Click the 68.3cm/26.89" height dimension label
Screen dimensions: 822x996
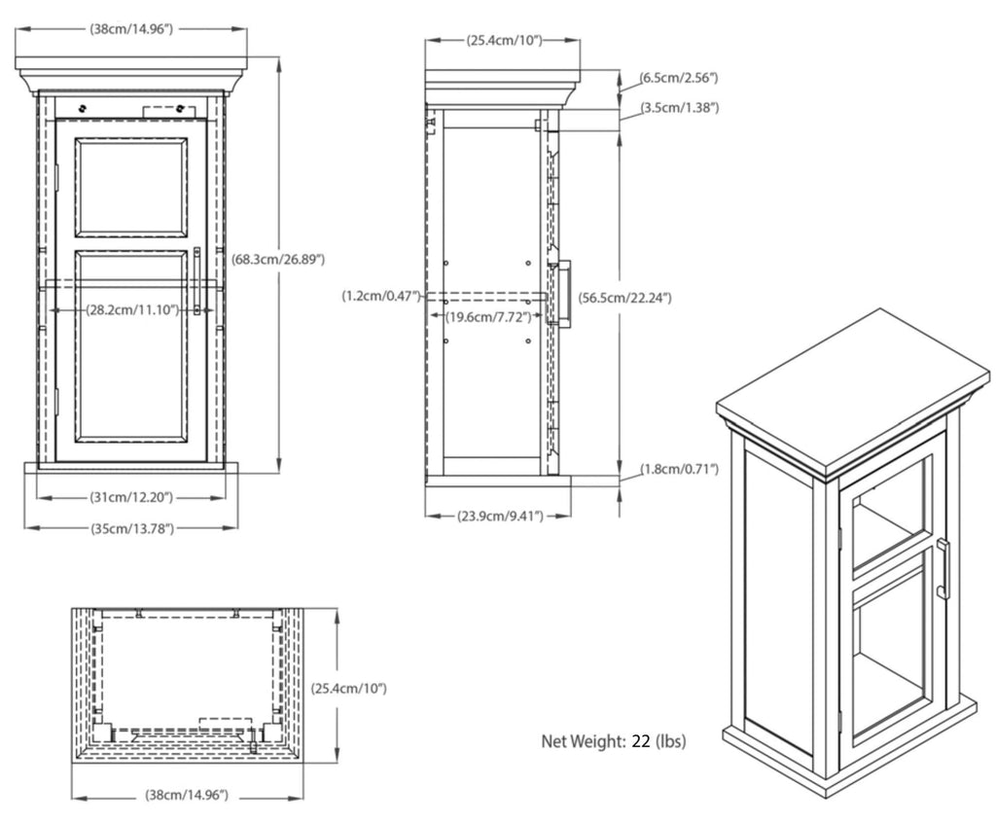[x=278, y=260]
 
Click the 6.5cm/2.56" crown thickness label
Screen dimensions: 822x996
[x=679, y=77]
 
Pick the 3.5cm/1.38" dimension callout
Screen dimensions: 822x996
[x=679, y=107]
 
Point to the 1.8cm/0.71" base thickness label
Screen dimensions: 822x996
[x=679, y=470]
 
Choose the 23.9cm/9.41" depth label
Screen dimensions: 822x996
[x=500, y=516]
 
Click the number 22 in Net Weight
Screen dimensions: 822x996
[x=640, y=741]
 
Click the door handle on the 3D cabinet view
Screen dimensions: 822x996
[x=942, y=568]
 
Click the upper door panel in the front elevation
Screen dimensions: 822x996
[x=131, y=187]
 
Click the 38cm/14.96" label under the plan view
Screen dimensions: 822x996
[x=187, y=795]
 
